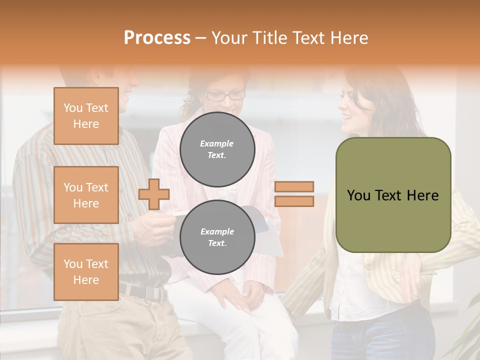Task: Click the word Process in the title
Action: [157, 38]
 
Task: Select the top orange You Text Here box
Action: [86, 116]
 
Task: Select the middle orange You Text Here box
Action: [86, 195]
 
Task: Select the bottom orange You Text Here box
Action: [86, 272]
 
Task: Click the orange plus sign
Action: [154, 194]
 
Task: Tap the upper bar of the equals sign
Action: [294, 186]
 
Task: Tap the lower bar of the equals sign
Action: [294, 201]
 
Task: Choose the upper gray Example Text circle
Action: [217, 149]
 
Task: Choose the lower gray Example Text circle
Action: [217, 237]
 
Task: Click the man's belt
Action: [142, 291]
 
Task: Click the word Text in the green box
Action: [392, 195]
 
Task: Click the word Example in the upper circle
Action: [217, 143]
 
